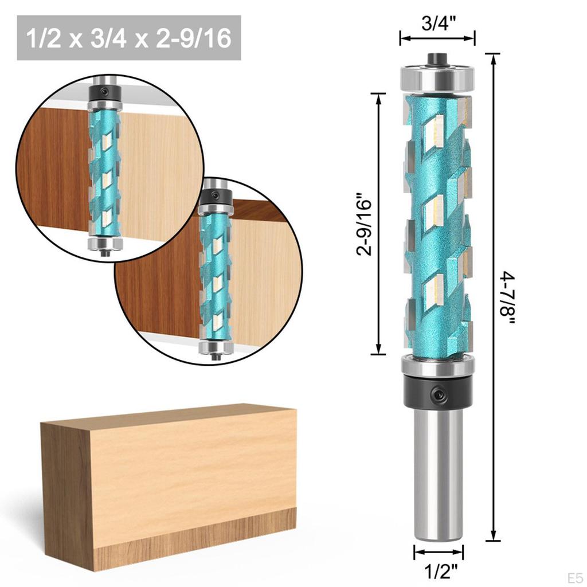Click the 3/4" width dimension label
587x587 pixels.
tap(437, 24)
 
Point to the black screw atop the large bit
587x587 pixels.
tap(437, 58)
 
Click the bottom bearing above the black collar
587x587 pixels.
tap(438, 365)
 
